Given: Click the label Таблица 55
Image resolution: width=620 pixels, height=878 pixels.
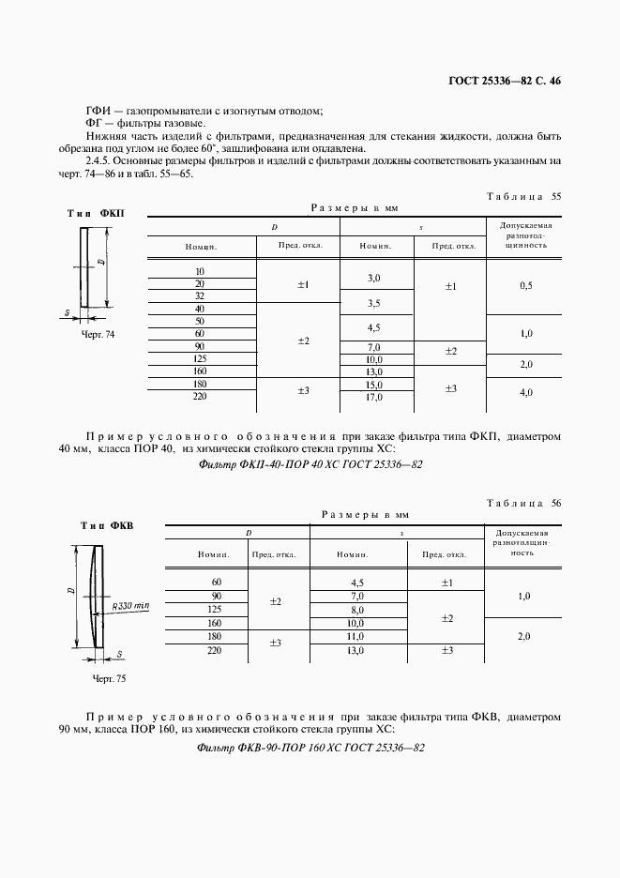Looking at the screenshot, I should pyautogui.click(x=524, y=197).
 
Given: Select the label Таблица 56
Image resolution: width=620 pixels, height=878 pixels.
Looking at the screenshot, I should pyautogui.click(x=524, y=504).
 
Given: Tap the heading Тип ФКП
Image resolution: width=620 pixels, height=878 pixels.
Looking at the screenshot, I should pyautogui.click(x=96, y=214).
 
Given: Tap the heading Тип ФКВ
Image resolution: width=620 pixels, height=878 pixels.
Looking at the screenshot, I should pyautogui.click(x=100, y=525).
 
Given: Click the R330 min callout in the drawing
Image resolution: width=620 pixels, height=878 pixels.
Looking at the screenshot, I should pyautogui.click(x=130, y=606).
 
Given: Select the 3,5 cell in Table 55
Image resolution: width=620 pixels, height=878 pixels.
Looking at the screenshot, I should pyautogui.click(x=373, y=303).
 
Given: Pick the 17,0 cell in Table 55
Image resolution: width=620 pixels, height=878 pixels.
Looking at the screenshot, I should pyautogui.click(x=373, y=397).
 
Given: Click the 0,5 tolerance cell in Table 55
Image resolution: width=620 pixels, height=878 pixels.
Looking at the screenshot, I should pyautogui.click(x=525, y=284).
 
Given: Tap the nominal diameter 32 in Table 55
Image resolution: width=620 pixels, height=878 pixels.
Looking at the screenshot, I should pyautogui.click(x=200, y=295).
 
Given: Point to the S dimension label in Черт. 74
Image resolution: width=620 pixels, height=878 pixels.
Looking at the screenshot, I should pyautogui.click(x=68, y=311).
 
